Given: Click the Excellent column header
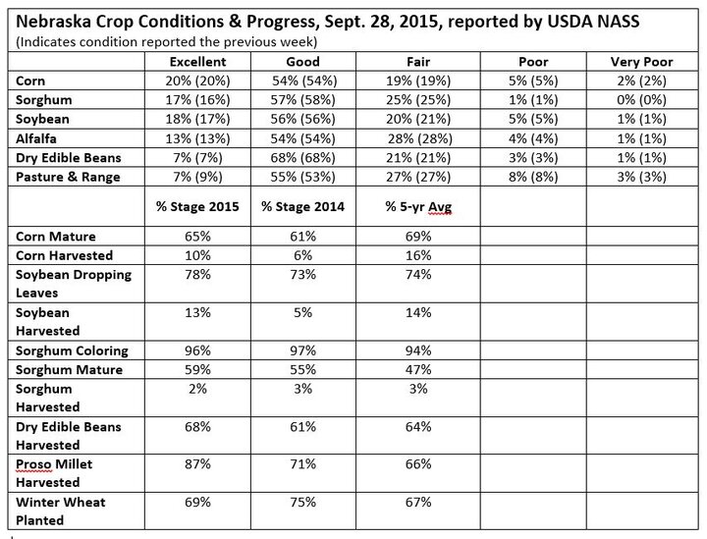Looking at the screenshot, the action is [197, 62].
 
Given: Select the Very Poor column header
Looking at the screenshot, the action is [641, 62].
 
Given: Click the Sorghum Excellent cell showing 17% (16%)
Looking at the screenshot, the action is [197, 99].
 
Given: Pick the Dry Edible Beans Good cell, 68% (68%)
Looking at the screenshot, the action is [302, 158].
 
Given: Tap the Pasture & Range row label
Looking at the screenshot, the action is [68, 177].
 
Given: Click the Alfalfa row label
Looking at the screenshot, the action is [36, 138].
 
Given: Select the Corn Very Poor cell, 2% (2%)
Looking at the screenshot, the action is [641, 81].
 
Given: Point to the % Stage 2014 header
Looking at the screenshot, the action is [302, 206].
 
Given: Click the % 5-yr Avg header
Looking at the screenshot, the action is [418, 207].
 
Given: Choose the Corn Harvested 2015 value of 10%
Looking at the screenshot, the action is [197, 255].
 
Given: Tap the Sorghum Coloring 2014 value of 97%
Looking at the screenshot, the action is [302, 350].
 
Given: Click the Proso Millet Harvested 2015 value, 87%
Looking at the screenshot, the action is [197, 464].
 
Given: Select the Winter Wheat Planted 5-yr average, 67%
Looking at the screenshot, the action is [418, 502].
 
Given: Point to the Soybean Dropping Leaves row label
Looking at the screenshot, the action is [74, 284].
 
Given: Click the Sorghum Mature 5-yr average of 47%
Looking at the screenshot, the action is [418, 369].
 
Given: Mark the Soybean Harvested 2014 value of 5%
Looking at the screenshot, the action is [302, 312].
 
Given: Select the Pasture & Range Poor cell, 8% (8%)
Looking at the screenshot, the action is [533, 177].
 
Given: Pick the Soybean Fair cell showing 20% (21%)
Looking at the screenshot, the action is [418, 119].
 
